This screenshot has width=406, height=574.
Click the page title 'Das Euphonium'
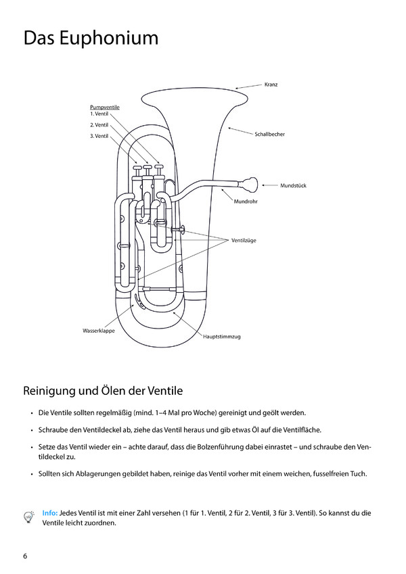click(91, 38)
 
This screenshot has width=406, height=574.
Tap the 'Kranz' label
click(271, 85)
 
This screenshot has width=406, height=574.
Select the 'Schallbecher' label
click(269, 135)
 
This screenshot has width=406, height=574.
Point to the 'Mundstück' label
click(294, 185)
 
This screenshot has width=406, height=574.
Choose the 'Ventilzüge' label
click(244, 240)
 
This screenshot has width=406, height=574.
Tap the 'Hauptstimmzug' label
click(222, 336)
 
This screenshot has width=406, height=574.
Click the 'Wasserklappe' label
click(98, 331)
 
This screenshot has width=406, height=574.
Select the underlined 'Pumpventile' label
click(104, 107)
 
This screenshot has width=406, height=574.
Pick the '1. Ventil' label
click(99, 114)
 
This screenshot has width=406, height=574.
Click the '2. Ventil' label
click(99, 125)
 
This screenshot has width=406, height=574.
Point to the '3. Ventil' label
click(99, 137)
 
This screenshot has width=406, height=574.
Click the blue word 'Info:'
click(50, 513)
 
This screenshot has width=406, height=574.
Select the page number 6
click(25, 556)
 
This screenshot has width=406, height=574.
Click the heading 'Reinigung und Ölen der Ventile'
click(103, 391)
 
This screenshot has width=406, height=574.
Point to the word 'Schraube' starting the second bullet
click(55, 430)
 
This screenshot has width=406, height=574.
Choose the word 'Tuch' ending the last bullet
click(359, 473)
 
